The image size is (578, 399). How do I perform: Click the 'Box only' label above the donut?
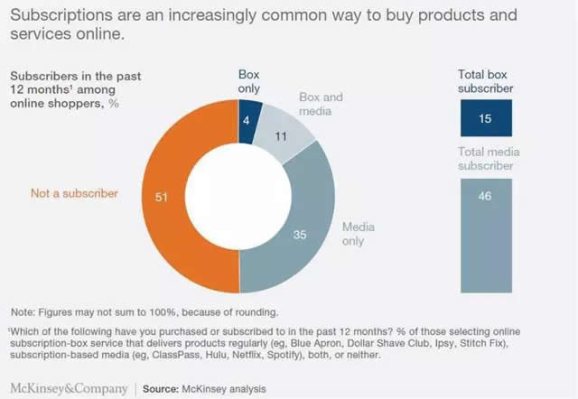[x=247, y=79]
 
